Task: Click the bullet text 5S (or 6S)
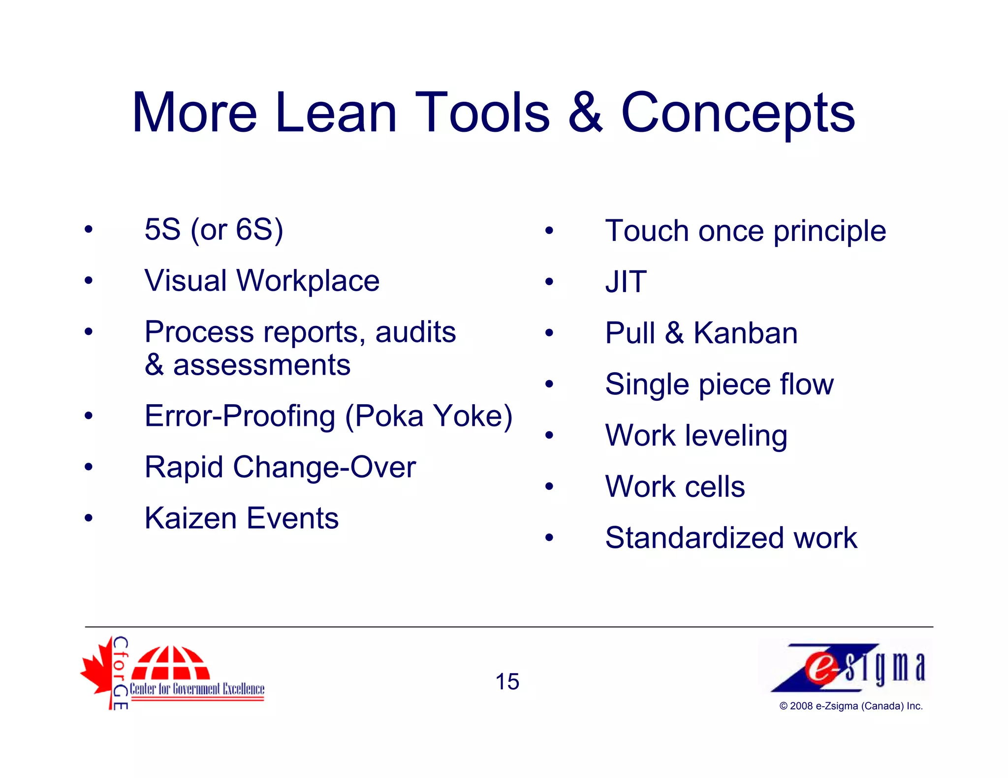[x=214, y=230]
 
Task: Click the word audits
[x=415, y=332]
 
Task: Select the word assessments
[x=261, y=365]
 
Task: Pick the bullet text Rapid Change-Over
[x=280, y=467]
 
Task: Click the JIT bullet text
[x=626, y=282]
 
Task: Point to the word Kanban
[x=745, y=333]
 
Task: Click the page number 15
[x=507, y=682]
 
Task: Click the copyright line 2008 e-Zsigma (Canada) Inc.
[x=850, y=706]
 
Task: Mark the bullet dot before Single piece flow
[x=549, y=384]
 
